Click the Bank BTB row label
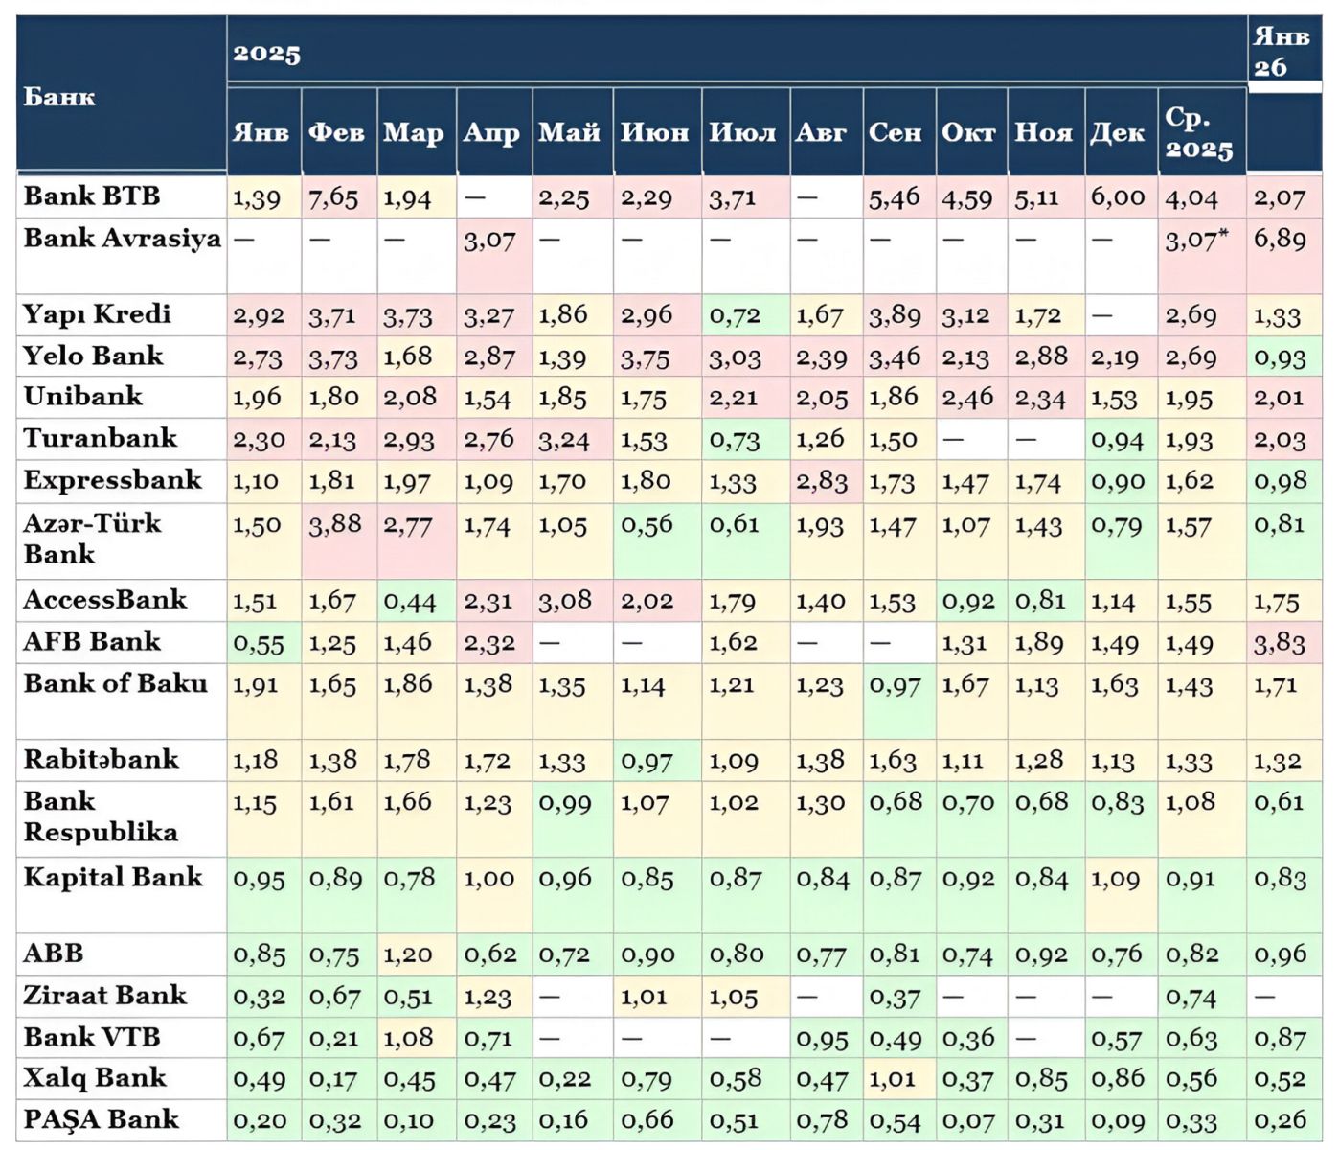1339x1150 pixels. point(92,196)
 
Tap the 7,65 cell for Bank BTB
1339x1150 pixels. point(333,198)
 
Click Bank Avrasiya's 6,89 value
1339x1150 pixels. point(1280,239)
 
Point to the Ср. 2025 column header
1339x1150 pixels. point(1198,132)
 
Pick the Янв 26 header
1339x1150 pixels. point(1281,52)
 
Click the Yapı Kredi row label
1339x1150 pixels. point(97,314)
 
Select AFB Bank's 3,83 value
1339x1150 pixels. point(1280,643)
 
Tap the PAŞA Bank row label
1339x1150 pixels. point(101,1119)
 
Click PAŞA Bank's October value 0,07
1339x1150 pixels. point(967,1120)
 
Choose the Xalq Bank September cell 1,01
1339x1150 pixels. point(894,1079)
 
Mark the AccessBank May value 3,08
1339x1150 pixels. point(565,601)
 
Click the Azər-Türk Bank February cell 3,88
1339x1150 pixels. point(334,523)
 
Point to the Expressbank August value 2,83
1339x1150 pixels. point(821,480)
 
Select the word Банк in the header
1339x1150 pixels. point(58,96)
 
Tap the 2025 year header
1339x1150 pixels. point(266,53)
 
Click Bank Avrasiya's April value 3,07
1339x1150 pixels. point(489,240)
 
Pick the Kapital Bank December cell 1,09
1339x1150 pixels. point(1116,878)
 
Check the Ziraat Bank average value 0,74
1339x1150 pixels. point(1191,998)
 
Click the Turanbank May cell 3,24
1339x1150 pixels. point(565,439)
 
